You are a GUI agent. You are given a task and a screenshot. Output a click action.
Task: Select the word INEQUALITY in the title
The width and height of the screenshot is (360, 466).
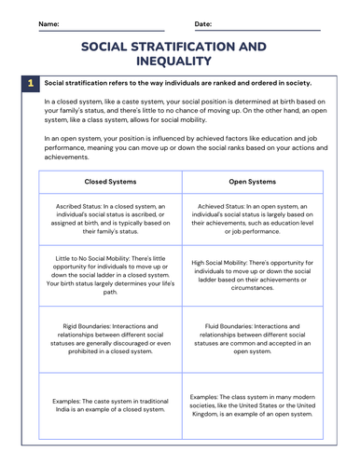pyautogui.click(x=180, y=62)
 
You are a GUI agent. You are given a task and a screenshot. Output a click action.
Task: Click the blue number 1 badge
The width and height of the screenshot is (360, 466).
pyautogui.click(x=30, y=84)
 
